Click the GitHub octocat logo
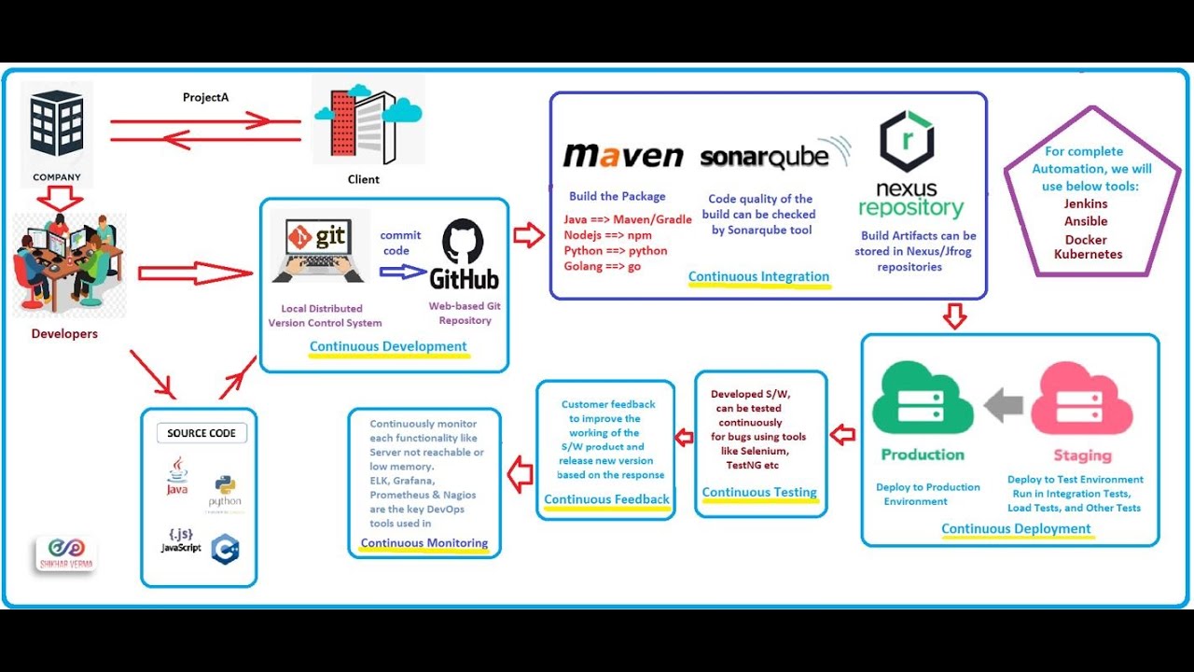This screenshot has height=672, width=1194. pos(463,241)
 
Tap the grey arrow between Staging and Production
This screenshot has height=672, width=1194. pos(1003,405)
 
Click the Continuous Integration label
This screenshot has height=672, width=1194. pos(758,276)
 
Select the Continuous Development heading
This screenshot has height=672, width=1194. pos(388,346)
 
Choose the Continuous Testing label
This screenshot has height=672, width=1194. pos(759,492)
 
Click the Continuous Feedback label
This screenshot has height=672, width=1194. pos(606,499)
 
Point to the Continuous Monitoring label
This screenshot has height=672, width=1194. pos(423,543)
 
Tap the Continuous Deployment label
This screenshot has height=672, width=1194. pos(1016,528)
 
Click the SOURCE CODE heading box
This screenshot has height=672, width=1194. pos(201,433)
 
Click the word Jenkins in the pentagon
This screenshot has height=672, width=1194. pos(1086,203)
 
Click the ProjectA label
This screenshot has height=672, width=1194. pos(205,97)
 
